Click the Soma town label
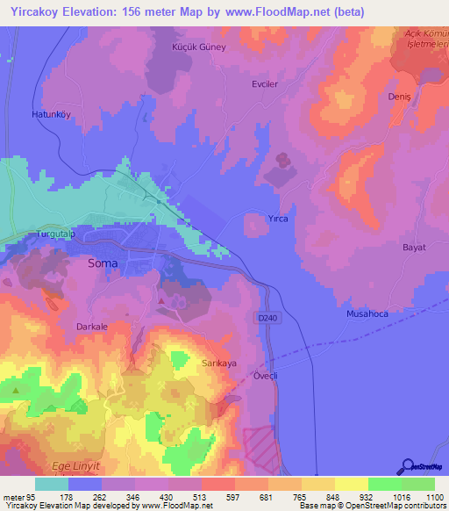click(x=103, y=262)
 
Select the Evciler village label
click(x=266, y=87)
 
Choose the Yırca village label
click(x=278, y=218)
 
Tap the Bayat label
click(x=413, y=248)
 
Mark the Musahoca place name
click(x=367, y=313)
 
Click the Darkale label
click(x=92, y=327)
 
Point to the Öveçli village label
click(x=265, y=375)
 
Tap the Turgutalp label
click(x=51, y=235)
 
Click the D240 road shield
click(x=267, y=318)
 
